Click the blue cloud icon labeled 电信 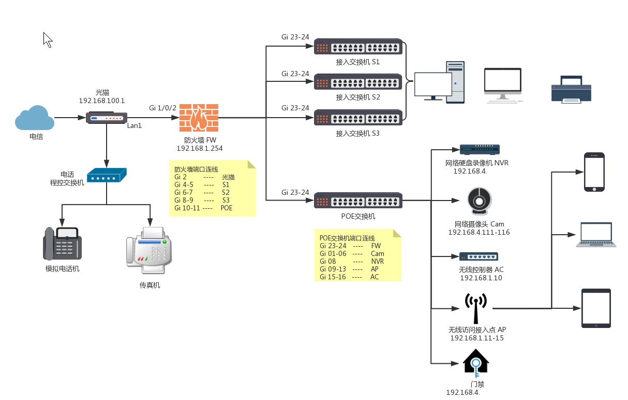pyautogui.click(x=35, y=118)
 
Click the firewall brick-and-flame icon pyautogui.click(x=199, y=118)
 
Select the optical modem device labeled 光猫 pyautogui.click(x=106, y=118)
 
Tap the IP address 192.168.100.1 pyautogui.click(x=102, y=101)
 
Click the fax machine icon pyautogui.click(x=149, y=251)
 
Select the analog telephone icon pyautogui.click(x=62, y=244)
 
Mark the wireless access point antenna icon pyautogui.click(x=475, y=309)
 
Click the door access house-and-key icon pyautogui.click(x=476, y=362)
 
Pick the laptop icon pyautogui.click(x=596, y=235)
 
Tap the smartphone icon pyautogui.click(x=594, y=172)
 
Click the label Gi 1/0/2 pyautogui.click(x=162, y=108)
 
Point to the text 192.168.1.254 pyautogui.click(x=200, y=149)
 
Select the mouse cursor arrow pyautogui.click(x=47, y=39)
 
